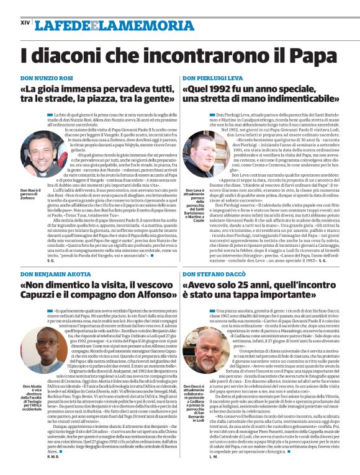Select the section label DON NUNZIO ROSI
tap(47, 79)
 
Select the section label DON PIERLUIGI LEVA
tap(213, 79)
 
